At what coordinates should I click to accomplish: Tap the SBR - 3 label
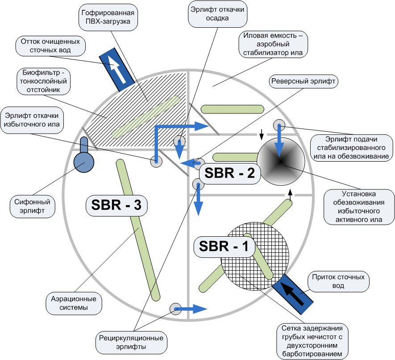point(116,205)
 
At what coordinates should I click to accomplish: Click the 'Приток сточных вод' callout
point(338,281)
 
